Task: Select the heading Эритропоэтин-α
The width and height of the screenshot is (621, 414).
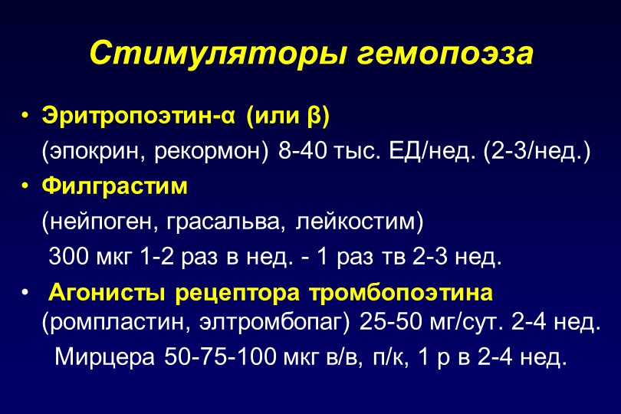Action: (x=138, y=117)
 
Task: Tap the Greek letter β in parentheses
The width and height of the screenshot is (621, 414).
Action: (x=313, y=117)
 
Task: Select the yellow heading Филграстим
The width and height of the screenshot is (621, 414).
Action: (x=114, y=186)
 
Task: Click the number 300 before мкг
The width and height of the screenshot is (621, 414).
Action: (x=68, y=256)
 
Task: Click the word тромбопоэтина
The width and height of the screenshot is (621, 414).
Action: (x=401, y=293)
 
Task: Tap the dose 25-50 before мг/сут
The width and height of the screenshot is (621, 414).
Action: (x=390, y=322)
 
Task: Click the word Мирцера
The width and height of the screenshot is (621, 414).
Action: (x=104, y=356)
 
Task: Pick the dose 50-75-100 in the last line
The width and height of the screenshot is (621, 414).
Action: (x=220, y=356)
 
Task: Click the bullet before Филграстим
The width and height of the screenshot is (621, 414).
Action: (x=25, y=186)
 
